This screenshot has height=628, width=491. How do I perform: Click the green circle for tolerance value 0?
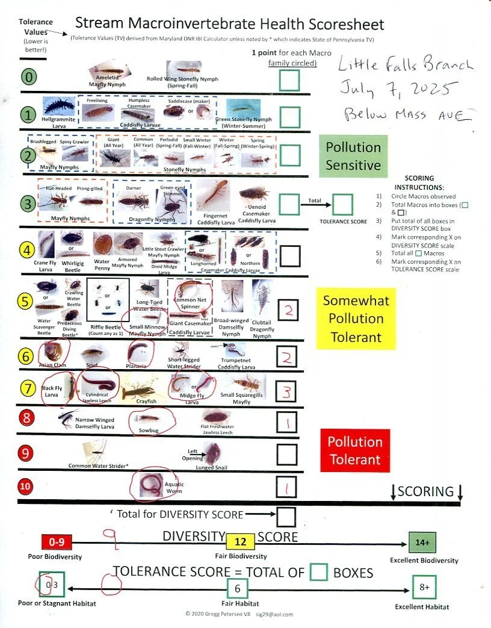click(x=28, y=78)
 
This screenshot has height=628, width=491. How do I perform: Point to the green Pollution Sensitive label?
click(x=353, y=156)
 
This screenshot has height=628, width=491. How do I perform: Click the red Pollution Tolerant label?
click(x=354, y=450)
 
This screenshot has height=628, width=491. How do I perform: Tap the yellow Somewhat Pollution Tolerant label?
click(x=356, y=319)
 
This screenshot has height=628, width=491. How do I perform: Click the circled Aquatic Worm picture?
click(x=148, y=484)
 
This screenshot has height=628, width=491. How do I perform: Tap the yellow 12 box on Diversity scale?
click(x=240, y=541)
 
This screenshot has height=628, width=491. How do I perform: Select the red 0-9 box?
click(x=57, y=541)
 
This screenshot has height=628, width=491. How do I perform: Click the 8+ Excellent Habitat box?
click(x=424, y=587)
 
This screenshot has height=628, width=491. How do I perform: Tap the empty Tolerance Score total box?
click(x=342, y=205)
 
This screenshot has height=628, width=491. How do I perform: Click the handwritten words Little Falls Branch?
click(x=406, y=64)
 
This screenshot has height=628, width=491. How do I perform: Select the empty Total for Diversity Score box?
click(x=287, y=516)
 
